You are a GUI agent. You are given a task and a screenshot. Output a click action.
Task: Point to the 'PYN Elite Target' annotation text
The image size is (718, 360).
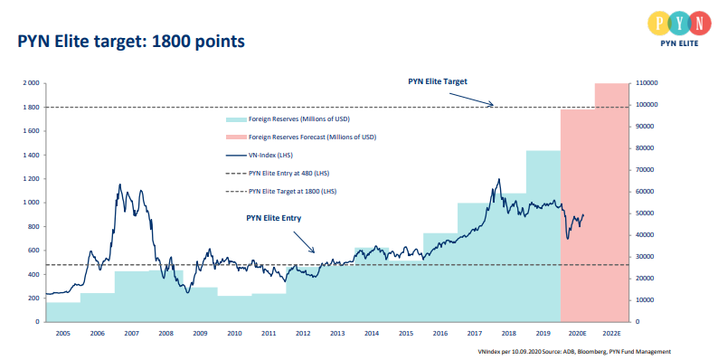(x=439, y=81)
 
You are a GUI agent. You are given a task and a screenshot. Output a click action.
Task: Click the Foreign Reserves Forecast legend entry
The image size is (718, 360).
(x=311, y=137)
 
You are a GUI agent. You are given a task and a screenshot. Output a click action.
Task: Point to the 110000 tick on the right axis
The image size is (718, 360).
(x=648, y=83)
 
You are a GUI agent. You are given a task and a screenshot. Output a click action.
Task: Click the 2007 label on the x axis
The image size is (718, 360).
(x=131, y=334)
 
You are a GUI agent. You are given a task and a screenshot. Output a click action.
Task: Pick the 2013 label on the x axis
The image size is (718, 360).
(x=337, y=334)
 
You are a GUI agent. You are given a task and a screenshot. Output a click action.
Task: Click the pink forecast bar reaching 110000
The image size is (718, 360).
(x=612, y=199)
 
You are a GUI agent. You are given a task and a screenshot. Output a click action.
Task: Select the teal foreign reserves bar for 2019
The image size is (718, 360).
(x=543, y=235)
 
